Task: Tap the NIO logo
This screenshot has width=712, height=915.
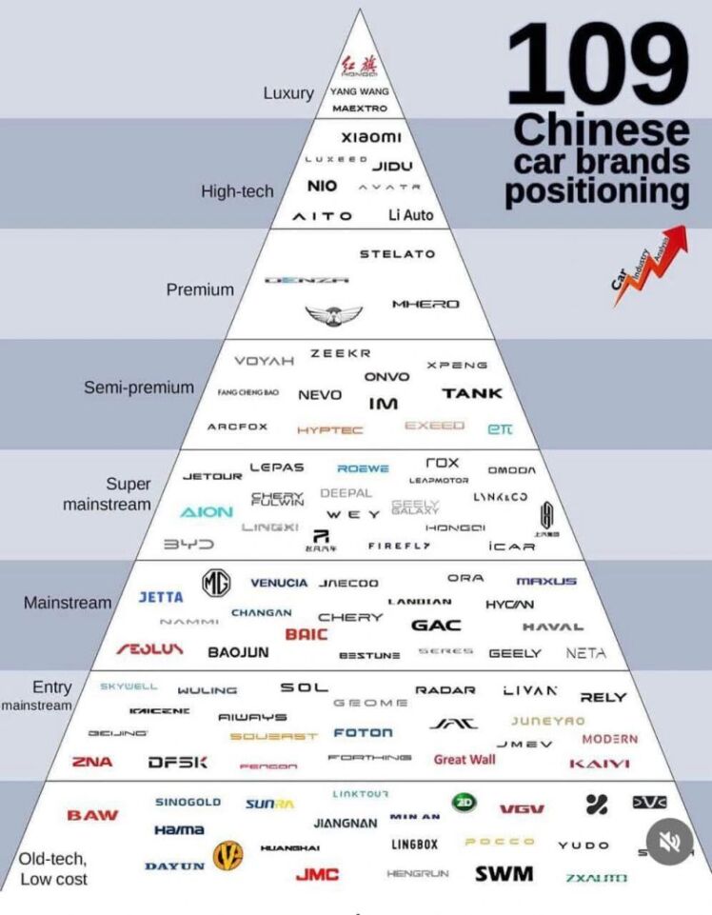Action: tap(322, 185)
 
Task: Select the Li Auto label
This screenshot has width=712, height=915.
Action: tap(410, 215)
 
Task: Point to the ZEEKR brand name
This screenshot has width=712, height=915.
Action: tap(340, 353)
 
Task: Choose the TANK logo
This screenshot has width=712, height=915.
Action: tap(472, 393)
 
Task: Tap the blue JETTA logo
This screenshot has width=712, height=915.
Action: tap(161, 598)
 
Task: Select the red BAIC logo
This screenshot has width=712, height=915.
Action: tap(307, 634)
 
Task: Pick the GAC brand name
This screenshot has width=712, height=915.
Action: tap(436, 626)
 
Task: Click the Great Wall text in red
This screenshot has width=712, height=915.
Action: tap(465, 760)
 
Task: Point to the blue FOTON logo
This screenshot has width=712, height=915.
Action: tap(363, 733)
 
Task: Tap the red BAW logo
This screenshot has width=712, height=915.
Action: tap(93, 815)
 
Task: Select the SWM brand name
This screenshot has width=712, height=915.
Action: tap(504, 873)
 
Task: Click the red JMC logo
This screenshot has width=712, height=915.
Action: tap(317, 874)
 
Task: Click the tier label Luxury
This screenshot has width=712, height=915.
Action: tap(288, 93)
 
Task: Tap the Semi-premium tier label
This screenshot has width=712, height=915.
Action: tap(139, 388)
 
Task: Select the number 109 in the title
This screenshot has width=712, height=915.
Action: tap(596, 65)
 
